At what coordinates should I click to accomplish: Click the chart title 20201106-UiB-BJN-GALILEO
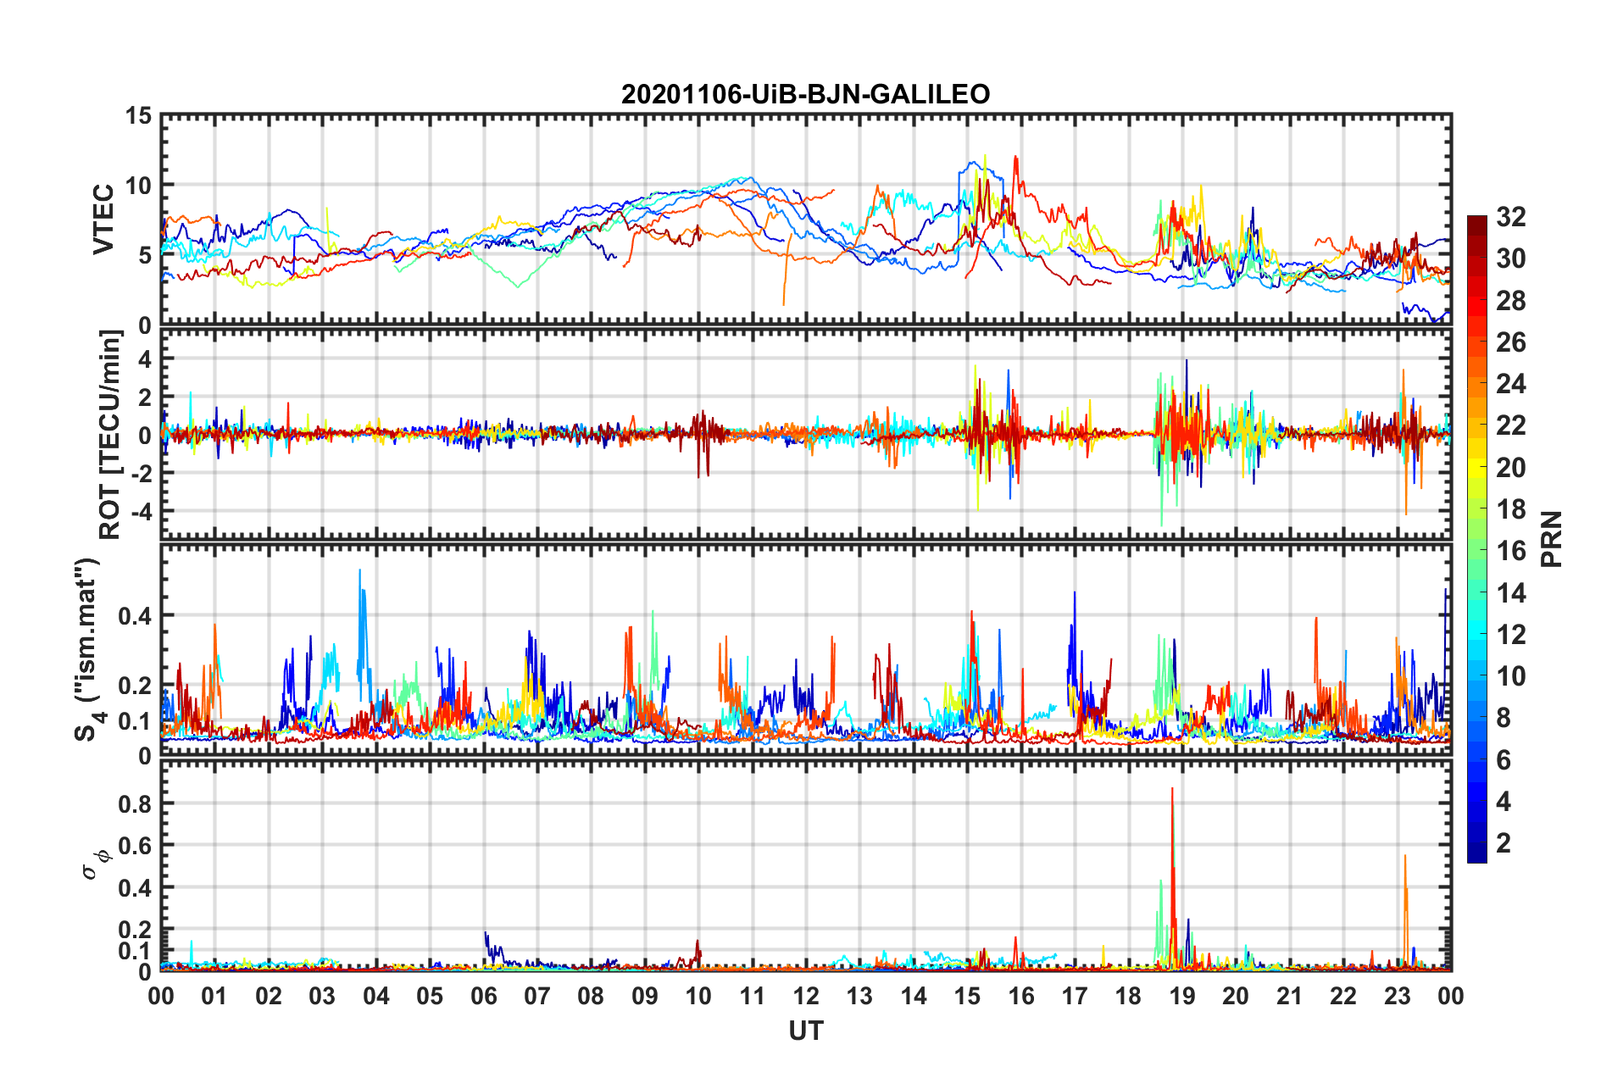click(805, 94)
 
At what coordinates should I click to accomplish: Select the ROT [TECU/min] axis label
click(110, 435)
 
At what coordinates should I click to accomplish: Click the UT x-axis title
click(805, 1031)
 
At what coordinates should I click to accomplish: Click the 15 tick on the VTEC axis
click(138, 116)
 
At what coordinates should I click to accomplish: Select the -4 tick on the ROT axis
click(141, 511)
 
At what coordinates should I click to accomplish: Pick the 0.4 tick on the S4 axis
click(135, 616)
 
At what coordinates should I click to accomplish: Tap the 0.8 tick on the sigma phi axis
click(135, 803)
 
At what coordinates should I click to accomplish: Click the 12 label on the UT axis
click(806, 997)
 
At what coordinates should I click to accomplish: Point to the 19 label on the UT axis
click(1182, 997)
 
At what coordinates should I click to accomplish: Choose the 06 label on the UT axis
click(483, 997)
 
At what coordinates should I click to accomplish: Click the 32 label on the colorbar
click(1510, 217)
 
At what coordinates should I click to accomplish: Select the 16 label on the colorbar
click(1510, 551)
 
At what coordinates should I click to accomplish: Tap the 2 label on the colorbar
click(1504, 843)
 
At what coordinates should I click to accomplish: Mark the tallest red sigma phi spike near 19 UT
click(1172, 790)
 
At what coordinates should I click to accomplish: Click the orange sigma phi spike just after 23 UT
click(1404, 858)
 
